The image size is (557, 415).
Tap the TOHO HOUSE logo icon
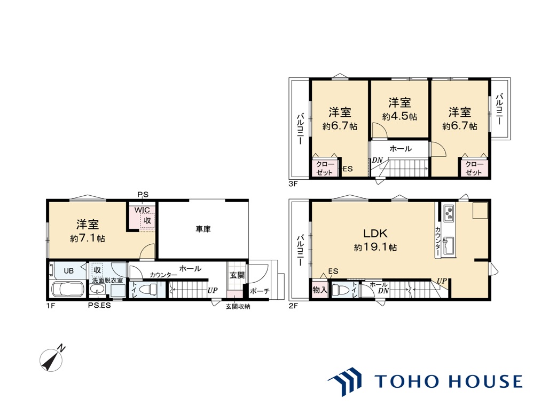click(x=344, y=381)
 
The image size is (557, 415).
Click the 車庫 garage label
click(x=203, y=229)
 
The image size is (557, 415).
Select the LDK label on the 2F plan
click(x=375, y=234)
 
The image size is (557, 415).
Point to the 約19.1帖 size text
click(x=375, y=247)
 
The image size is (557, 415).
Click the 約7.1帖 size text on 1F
click(x=88, y=238)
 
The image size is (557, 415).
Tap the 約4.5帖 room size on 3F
click(x=399, y=116)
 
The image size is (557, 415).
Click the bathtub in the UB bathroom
click(x=67, y=289)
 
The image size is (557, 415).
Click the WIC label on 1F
click(x=142, y=210)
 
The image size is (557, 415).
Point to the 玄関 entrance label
click(x=237, y=275)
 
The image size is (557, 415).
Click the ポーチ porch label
click(x=260, y=291)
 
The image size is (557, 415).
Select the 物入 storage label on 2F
click(x=320, y=290)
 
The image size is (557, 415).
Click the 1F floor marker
click(x=51, y=306)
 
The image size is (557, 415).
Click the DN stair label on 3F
click(x=377, y=161)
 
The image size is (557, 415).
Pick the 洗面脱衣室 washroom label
click(x=107, y=280)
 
